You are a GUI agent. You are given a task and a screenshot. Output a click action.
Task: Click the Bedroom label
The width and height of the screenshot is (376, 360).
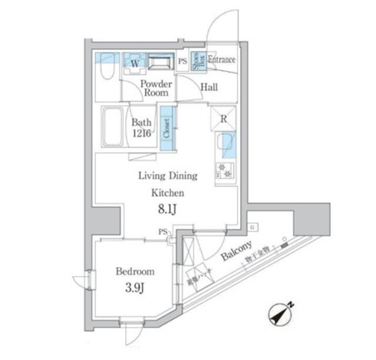point(135,271)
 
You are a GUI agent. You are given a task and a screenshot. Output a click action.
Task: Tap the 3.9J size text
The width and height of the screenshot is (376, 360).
point(135,288)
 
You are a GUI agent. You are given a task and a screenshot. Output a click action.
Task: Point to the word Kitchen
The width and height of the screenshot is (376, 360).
point(169,192)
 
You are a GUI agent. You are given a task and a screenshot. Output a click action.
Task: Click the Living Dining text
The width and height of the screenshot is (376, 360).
point(167,176)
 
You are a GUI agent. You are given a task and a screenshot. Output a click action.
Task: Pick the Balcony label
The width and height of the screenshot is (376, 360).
point(237,251)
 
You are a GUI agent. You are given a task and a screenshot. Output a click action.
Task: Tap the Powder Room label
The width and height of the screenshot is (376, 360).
point(155,88)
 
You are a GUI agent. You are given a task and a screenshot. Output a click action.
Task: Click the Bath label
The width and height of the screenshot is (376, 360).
point(142,123)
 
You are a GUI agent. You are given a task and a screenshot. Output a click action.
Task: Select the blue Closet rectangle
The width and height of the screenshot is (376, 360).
point(167,128)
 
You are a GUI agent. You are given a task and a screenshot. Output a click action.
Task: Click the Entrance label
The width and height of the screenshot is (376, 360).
point(221,60)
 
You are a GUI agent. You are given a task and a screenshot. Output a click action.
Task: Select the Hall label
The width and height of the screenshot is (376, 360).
point(209,88)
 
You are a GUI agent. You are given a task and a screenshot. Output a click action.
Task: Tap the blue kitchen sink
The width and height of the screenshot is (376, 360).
point(226,144)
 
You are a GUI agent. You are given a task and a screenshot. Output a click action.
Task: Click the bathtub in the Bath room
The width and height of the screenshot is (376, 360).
point(111,127)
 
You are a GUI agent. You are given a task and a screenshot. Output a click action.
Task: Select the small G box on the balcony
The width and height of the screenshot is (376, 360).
point(251,227)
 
